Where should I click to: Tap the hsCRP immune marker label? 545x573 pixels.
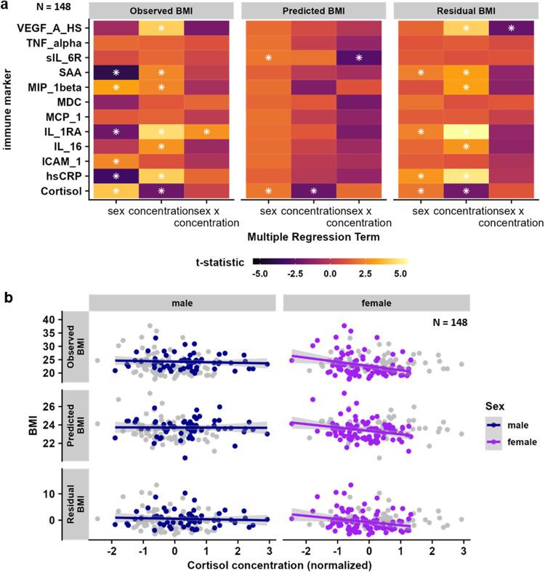[70, 176]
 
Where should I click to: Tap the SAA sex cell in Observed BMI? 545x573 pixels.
[116, 73]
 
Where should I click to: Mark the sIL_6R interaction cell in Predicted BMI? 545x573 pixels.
[358, 57]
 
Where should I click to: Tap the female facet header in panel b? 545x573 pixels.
[376, 301]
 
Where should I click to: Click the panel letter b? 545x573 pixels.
[7, 296]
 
